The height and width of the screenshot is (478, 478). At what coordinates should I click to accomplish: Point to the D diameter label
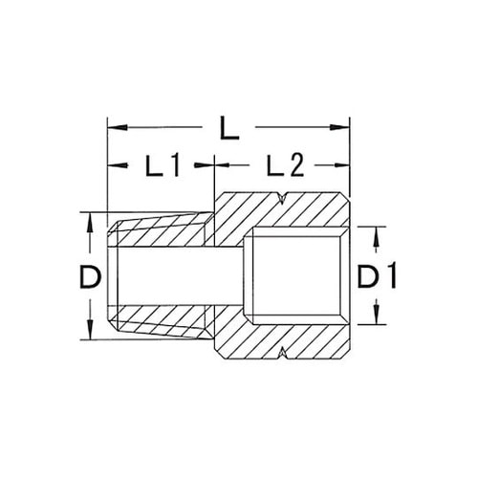click(x=90, y=277)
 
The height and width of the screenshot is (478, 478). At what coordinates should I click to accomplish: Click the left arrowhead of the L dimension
click(x=111, y=125)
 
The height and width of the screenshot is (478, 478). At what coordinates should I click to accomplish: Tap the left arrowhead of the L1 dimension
click(x=111, y=166)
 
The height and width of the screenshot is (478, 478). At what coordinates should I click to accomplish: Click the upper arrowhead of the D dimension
click(x=90, y=216)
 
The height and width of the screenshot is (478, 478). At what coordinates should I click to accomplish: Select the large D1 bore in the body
click(x=296, y=277)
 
